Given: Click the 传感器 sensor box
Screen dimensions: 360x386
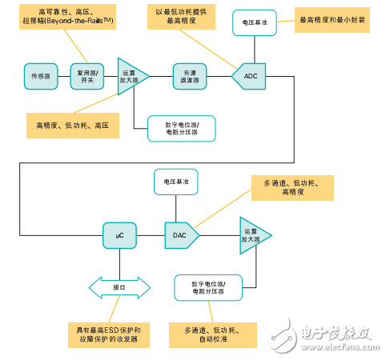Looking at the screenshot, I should point(41,77).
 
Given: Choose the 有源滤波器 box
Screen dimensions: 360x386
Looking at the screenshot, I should point(189,77).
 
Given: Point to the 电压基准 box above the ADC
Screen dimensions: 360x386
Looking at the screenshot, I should point(255,24).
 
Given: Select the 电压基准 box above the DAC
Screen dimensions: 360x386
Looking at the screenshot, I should point(176,182).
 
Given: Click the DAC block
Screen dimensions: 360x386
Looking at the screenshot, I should point(180,235).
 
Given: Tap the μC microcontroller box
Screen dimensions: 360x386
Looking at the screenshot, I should point(119,235).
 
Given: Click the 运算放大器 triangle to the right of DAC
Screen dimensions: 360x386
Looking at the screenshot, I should point(253,235).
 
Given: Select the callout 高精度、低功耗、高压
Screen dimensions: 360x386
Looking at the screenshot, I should point(71,126).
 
